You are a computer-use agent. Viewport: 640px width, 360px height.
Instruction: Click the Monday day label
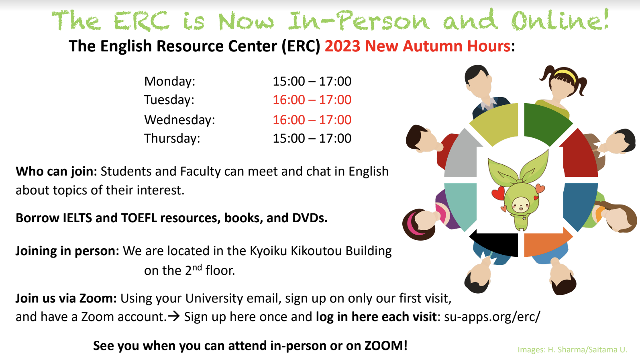click(x=170, y=82)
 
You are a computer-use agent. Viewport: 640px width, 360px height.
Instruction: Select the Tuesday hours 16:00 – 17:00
click(x=312, y=100)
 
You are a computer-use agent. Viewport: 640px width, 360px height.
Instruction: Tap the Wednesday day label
click(x=179, y=120)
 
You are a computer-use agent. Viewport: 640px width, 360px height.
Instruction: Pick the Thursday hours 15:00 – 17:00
click(x=312, y=138)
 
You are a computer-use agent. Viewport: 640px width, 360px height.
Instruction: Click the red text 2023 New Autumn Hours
click(x=418, y=46)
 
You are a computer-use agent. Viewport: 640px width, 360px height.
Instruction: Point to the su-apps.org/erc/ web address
click(x=492, y=317)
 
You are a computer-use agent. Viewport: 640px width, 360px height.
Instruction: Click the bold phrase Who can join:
click(x=56, y=172)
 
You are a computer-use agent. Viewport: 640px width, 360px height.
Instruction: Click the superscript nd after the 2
click(x=197, y=268)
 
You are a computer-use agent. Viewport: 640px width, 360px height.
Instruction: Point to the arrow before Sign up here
click(x=174, y=316)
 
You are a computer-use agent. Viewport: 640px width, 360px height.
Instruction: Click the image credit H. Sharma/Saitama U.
click(x=587, y=350)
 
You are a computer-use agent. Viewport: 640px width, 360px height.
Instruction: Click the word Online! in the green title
click(x=560, y=20)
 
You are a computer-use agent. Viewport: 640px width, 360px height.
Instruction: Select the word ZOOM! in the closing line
click(x=386, y=346)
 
